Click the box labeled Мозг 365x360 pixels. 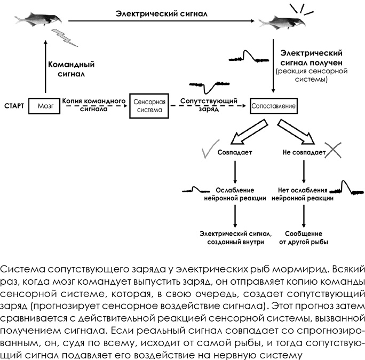pyautogui.click(x=46, y=106)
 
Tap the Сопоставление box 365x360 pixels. pyautogui.click(x=273, y=106)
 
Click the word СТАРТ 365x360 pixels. pyautogui.click(x=14, y=106)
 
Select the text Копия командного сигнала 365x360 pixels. pyautogui.click(x=93, y=104)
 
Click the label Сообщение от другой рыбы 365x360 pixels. pyautogui.click(x=303, y=238)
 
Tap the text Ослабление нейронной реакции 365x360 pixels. pyautogui.click(x=235, y=194)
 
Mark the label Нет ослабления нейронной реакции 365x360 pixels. pyautogui.click(x=303, y=194)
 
